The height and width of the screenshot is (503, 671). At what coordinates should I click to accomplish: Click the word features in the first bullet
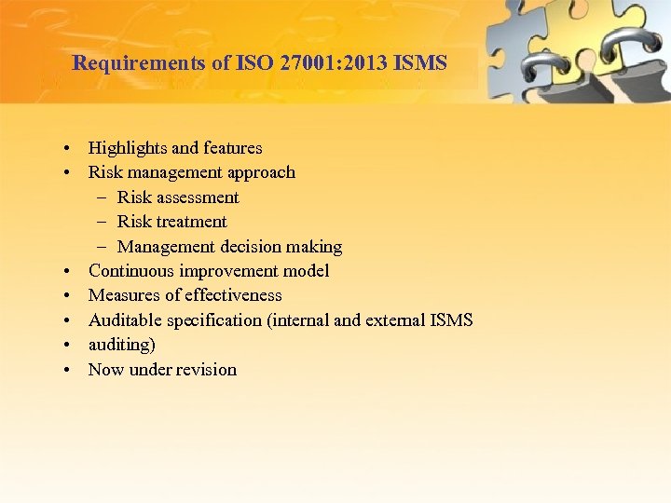[x=232, y=147]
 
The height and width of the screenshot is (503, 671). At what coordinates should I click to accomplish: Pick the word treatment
[x=191, y=222]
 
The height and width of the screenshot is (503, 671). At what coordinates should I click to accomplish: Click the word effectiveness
[x=233, y=295]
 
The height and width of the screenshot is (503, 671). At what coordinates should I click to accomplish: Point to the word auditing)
[x=122, y=345]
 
